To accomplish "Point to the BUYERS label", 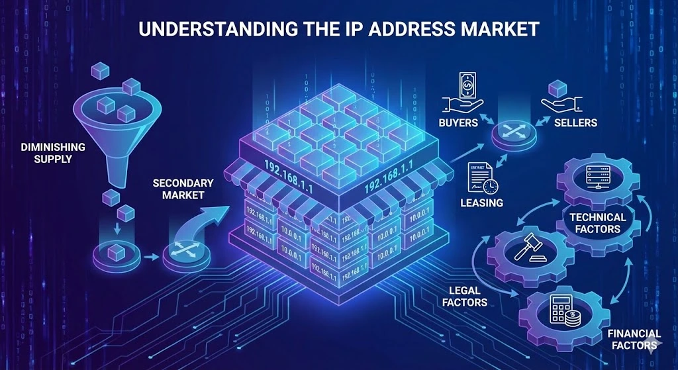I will point(458,123).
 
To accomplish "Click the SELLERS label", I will point(577,123).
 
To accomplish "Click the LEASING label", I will point(481,203).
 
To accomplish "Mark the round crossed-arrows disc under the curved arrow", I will point(183,254).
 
